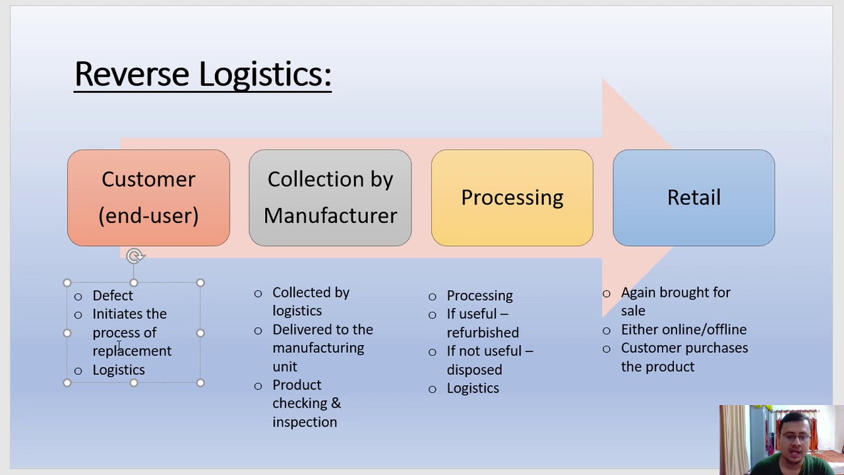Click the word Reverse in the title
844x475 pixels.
[x=131, y=74]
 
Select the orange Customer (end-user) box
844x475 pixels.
[x=148, y=198]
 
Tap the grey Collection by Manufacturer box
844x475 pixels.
[x=330, y=198]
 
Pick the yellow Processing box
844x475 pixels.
[x=512, y=198]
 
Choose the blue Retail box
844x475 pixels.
[x=694, y=198]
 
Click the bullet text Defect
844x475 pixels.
[x=113, y=296]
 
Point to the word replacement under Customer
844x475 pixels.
[x=132, y=351]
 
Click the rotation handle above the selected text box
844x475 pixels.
[x=135, y=256]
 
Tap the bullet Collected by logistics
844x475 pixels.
[x=310, y=301]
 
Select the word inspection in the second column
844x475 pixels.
[x=305, y=422]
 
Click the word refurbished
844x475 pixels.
[x=483, y=332]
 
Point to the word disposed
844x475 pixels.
[x=474, y=370]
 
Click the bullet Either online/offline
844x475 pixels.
[x=683, y=330]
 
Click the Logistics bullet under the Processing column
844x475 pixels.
[x=473, y=389]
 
